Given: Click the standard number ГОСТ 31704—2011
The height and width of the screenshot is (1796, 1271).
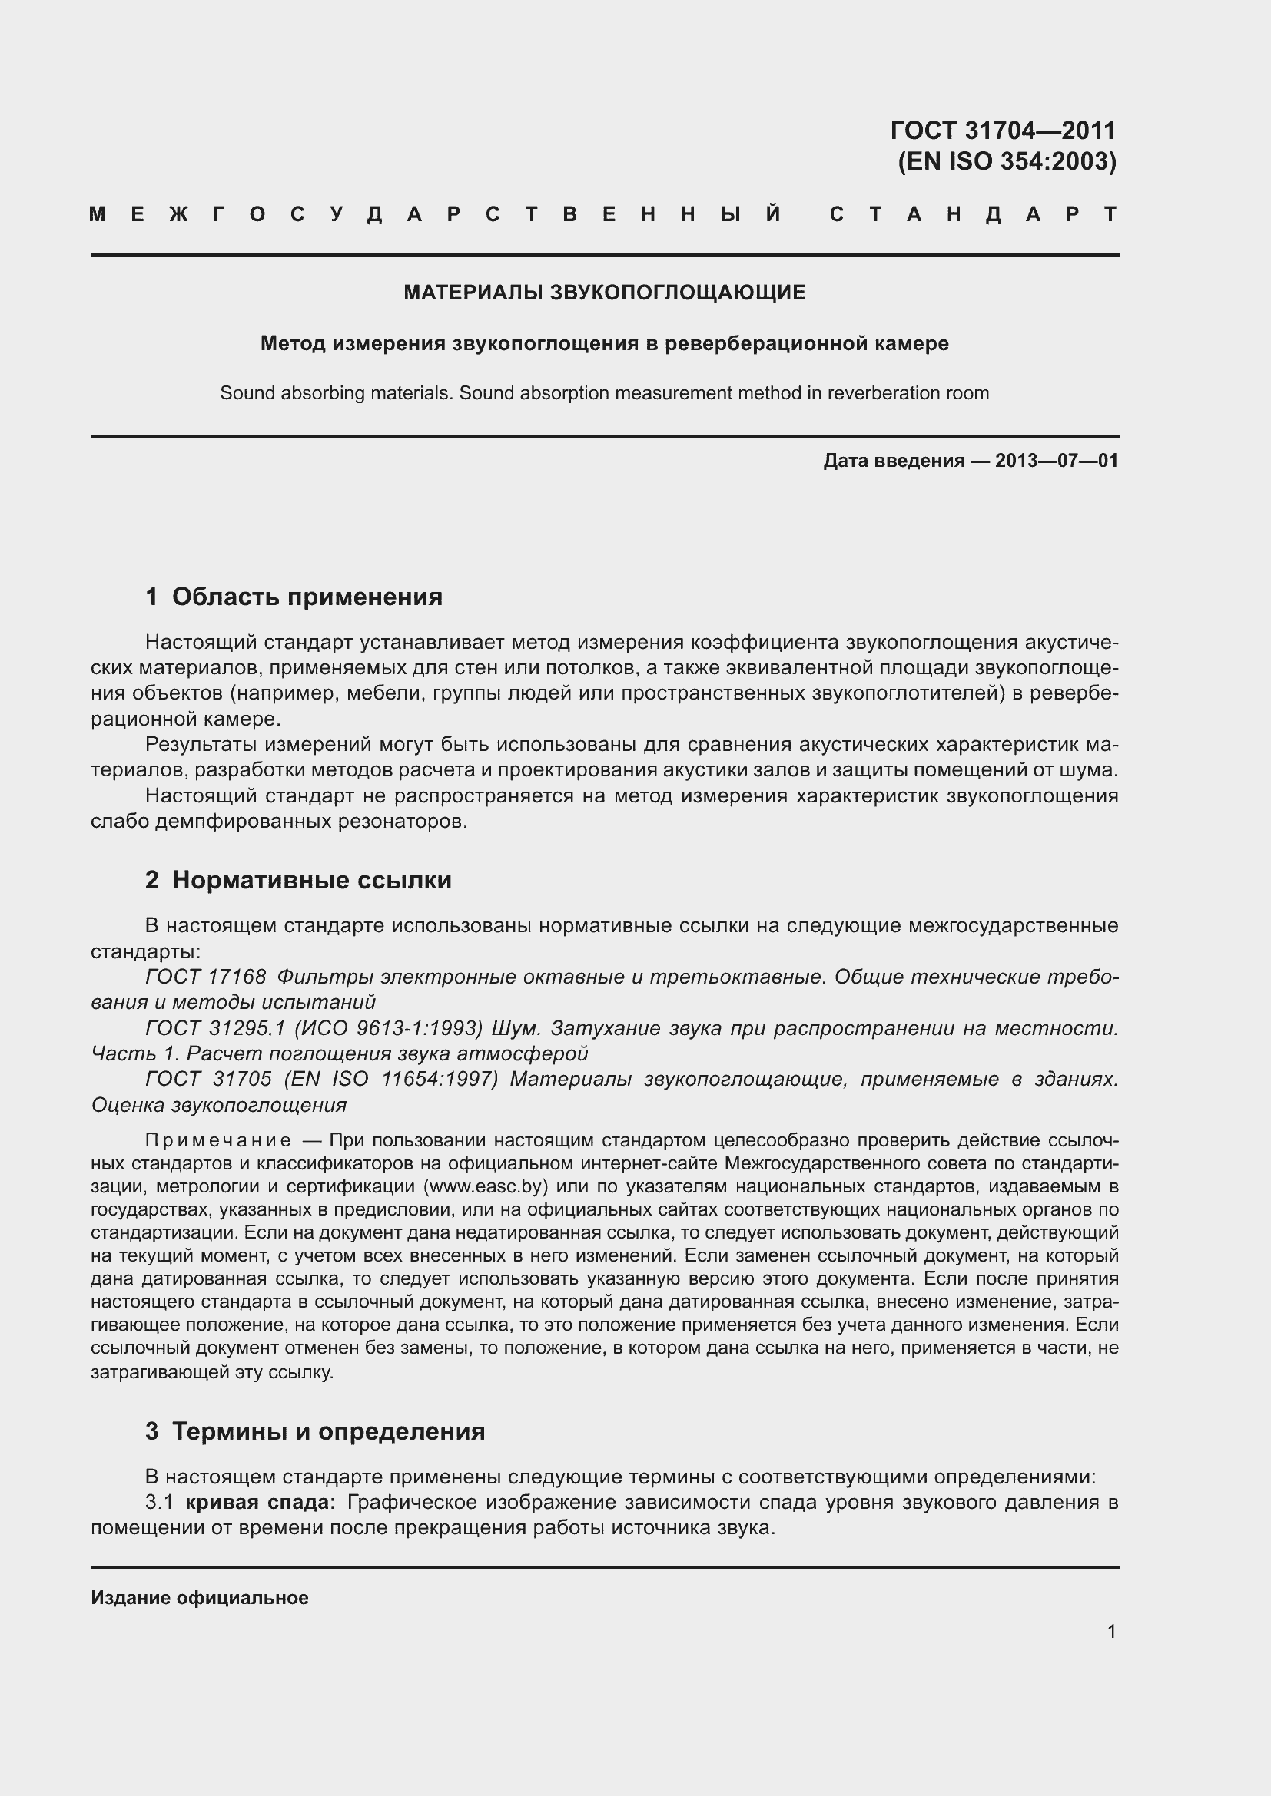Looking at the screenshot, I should pyautogui.click(x=1003, y=130).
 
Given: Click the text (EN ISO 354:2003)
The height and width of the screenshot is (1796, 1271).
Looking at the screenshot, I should pyautogui.click(x=1007, y=161).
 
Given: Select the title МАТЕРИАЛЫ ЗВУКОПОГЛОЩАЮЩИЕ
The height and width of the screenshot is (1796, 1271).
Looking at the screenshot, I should pyautogui.click(x=604, y=293).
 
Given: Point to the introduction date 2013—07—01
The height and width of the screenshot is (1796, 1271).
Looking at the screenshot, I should pyautogui.click(x=1056, y=461).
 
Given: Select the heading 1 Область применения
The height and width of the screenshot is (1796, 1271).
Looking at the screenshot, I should pyautogui.click(x=294, y=597).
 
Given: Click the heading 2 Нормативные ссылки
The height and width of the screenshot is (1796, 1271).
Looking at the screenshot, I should pyautogui.click(x=298, y=880).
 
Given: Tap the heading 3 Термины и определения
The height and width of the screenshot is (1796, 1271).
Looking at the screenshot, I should pyautogui.click(x=314, y=1431).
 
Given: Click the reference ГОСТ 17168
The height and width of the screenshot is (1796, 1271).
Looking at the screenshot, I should pyautogui.click(x=206, y=977).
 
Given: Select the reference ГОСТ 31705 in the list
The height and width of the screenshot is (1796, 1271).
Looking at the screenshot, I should pyautogui.click(x=208, y=1079).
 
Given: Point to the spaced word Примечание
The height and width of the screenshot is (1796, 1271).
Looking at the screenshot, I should pyautogui.click(x=218, y=1140).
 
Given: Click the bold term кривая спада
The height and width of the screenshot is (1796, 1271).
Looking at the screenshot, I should pyautogui.click(x=261, y=1502).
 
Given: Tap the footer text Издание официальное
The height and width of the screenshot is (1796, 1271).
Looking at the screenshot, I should pyautogui.click(x=200, y=1598).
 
